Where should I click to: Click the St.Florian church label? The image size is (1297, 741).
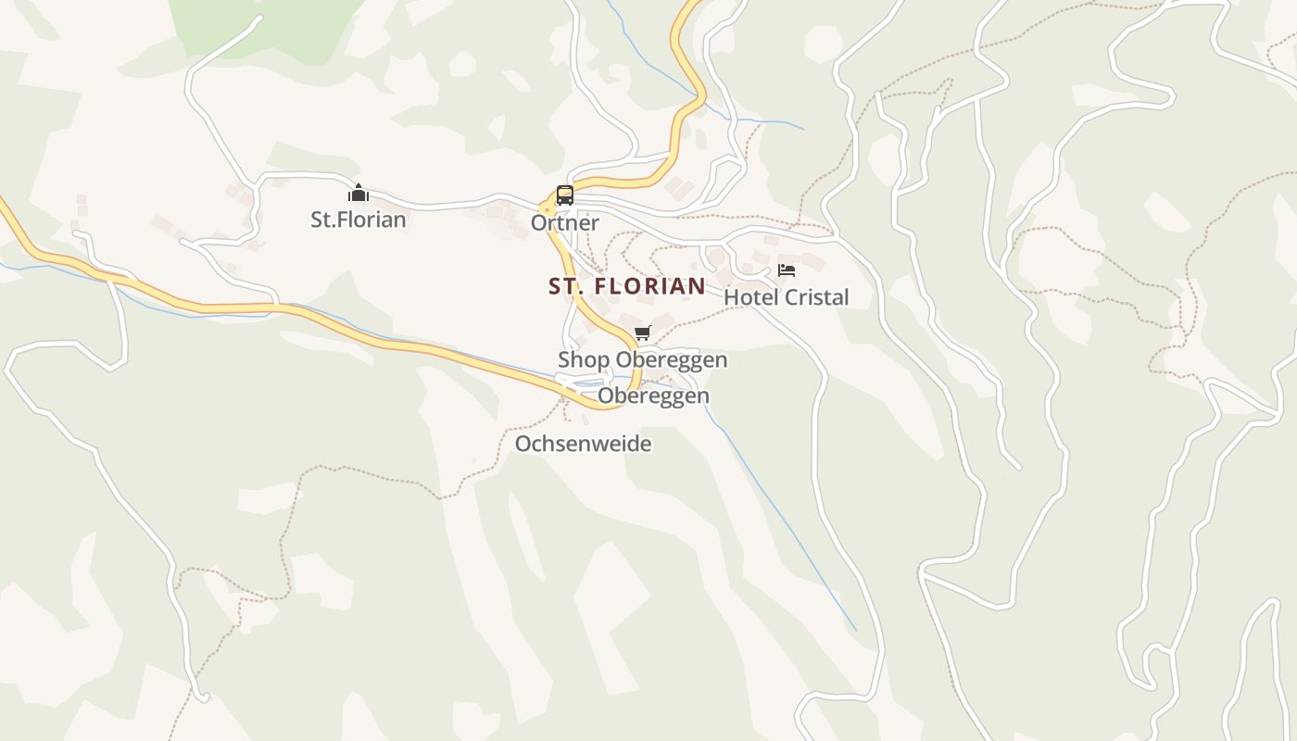point(358,220)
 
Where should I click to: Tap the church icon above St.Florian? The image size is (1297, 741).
point(358,193)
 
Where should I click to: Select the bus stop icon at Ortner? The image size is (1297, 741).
point(564,195)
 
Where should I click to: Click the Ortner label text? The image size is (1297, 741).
point(564,223)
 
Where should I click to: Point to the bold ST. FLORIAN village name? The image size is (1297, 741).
point(626,286)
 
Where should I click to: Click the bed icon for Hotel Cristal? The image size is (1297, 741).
point(787,270)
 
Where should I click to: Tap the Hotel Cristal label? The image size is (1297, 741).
point(786,297)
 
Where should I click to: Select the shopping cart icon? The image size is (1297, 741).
point(642,333)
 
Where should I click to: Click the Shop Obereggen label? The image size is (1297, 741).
point(642,359)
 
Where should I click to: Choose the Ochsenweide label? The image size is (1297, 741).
point(583,444)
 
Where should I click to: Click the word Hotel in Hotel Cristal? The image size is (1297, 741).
point(749,297)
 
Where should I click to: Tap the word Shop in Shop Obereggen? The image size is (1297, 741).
point(584,359)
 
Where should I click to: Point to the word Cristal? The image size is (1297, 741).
point(814,297)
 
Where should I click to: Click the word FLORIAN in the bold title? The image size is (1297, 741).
point(648,286)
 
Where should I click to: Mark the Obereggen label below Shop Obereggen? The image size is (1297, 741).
point(653,396)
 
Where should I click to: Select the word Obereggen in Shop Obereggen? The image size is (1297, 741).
point(672,359)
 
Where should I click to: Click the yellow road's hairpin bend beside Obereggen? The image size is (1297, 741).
point(636,389)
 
